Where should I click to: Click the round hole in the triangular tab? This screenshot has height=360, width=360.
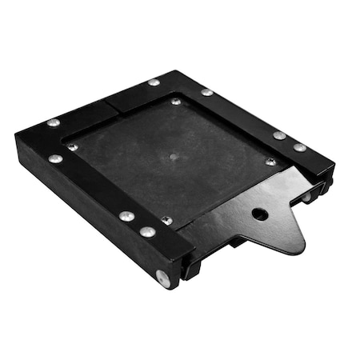[259, 214]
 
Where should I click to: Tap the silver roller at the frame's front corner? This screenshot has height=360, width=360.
[163, 278]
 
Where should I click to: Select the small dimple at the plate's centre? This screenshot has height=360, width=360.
[174, 155]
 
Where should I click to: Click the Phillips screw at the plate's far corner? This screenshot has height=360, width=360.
[176, 102]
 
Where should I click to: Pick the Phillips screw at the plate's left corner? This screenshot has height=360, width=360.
[73, 146]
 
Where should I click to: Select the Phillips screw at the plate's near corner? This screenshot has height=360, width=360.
[166, 220]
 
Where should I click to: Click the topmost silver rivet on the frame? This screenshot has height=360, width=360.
[154, 82]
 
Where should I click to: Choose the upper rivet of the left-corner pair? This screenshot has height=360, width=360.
[54, 122]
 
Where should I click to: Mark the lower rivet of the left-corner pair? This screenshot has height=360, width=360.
[55, 158]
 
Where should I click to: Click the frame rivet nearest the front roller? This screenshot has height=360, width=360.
[147, 232]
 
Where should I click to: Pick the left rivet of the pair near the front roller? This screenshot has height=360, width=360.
[126, 216]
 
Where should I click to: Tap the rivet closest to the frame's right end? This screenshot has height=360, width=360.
[299, 147]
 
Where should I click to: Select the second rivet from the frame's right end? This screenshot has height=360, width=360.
[278, 135]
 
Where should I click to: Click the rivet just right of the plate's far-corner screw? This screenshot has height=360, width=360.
[207, 93]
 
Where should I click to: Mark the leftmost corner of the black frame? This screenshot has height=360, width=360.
[16, 138]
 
